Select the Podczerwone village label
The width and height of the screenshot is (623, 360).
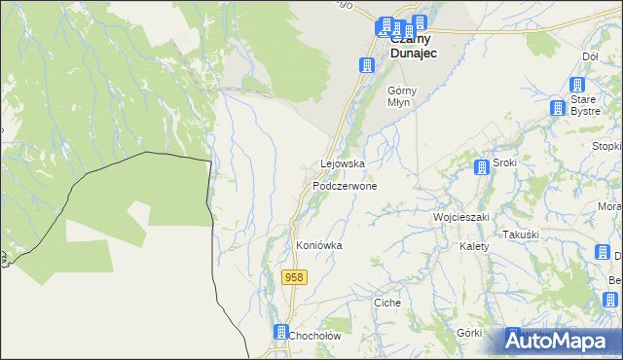[x=345, y=185]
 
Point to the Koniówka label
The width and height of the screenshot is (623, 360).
[x=319, y=246]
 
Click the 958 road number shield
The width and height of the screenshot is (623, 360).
[x=295, y=277]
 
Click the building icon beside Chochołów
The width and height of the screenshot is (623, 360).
[x=281, y=332]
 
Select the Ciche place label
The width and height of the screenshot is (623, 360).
[x=387, y=303]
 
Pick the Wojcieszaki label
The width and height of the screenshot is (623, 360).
[x=460, y=216]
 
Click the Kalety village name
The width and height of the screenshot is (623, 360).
[x=473, y=246]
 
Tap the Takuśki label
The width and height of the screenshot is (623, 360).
[x=521, y=234]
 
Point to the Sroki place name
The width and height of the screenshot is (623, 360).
[x=504, y=162]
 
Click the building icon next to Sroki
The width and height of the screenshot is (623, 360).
[x=481, y=167]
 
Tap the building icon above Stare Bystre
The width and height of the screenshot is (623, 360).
[x=558, y=109]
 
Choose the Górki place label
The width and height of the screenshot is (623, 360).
[x=469, y=332]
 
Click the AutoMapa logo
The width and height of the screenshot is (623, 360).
[x=563, y=342]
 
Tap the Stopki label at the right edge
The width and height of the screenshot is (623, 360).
[x=607, y=147]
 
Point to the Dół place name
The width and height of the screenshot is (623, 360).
[x=590, y=56]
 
